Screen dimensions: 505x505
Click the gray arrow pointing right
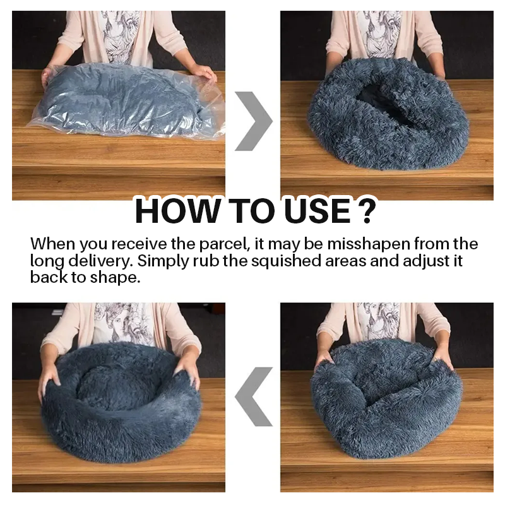tap(252, 121)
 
